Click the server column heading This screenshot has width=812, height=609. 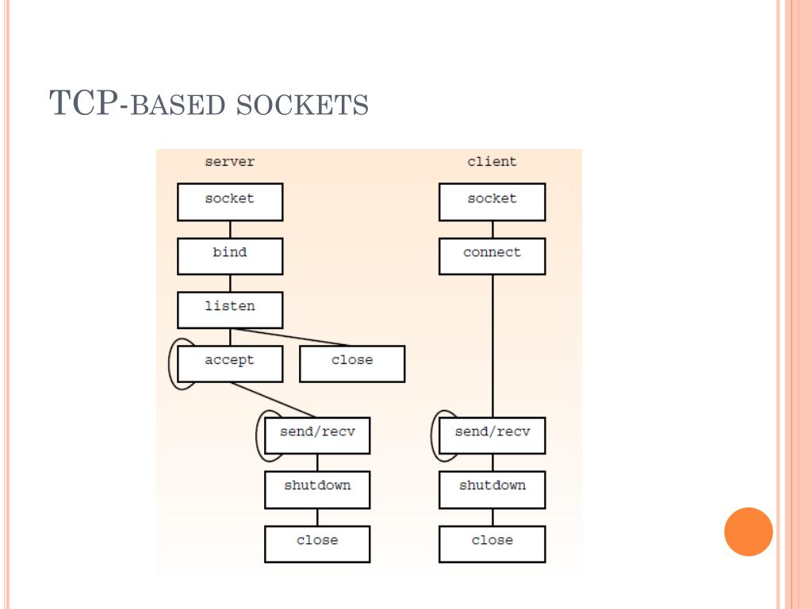tap(230, 162)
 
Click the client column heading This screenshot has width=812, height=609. tap(492, 162)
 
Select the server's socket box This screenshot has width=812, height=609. tap(230, 201)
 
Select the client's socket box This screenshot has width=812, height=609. tap(492, 201)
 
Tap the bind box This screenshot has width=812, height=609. tap(230, 255)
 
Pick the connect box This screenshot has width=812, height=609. tap(492, 255)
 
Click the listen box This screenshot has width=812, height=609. tap(230, 309)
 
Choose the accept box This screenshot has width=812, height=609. tap(230, 363)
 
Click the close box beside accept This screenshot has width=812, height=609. tap(352, 363)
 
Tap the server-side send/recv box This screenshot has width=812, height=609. tap(317, 435)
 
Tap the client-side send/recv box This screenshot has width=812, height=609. tap(492, 435)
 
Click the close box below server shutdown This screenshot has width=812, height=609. tap(317, 543)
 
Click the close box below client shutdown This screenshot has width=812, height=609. tap(492, 543)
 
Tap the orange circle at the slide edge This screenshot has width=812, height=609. tap(748, 531)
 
